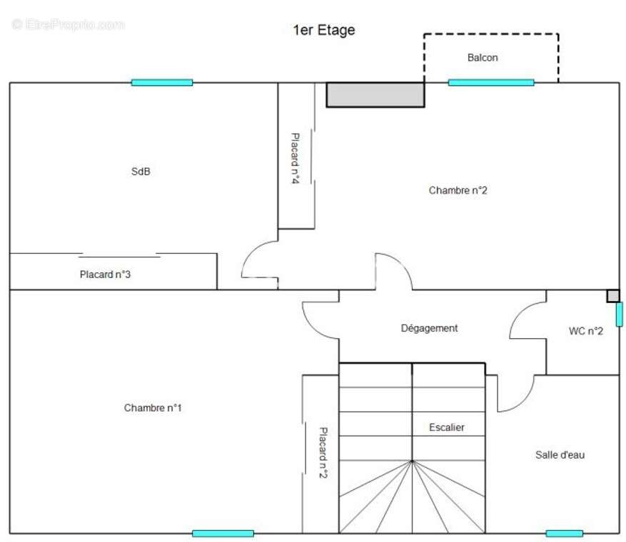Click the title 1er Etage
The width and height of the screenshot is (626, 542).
click(x=324, y=30)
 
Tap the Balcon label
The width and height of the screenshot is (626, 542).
click(x=483, y=58)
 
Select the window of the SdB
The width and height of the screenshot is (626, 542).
click(x=162, y=83)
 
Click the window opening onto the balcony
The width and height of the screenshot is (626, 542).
click(x=491, y=83)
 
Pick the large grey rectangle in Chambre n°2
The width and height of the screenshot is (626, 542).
click(x=375, y=95)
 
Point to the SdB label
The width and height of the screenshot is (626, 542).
click(x=141, y=171)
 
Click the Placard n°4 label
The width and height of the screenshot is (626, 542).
click(x=295, y=158)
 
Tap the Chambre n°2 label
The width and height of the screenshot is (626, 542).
click(x=458, y=190)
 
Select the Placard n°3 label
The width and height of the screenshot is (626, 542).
click(x=105, y=275)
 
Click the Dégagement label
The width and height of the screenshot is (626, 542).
click(x=429, y=328)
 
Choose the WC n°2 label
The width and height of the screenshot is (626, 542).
click(x=586, y=331)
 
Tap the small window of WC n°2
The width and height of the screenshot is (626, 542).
click(x=619, y=315)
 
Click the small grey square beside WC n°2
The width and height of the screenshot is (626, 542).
click(x=613, y=296)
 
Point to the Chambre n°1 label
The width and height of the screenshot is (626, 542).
click(x=153, y=408)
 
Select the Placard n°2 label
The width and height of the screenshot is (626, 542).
click(x=323, y=453)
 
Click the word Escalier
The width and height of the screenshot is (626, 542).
click(x=446, y=427)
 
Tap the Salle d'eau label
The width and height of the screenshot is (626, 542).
click(x=560, y=455)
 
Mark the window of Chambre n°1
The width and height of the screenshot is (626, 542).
click(x=223, y=533)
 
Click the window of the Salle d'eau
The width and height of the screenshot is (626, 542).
click(x=564, y=533)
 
